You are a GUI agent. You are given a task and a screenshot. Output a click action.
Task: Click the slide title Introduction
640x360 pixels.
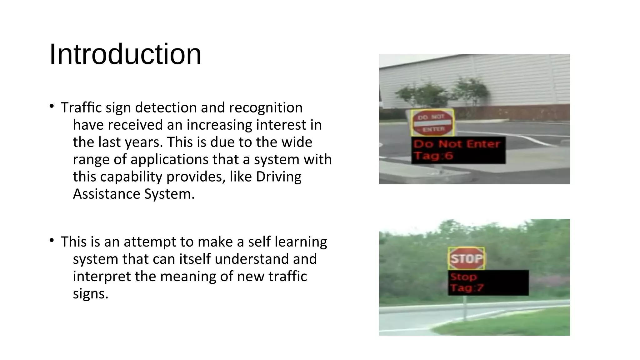125,54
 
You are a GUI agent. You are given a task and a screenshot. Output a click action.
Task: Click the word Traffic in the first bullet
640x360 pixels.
81,107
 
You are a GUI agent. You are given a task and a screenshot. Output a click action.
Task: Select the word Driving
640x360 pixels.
278,177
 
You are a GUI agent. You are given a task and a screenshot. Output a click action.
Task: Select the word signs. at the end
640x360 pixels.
91,293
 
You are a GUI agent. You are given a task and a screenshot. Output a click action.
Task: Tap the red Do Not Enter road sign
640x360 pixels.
432,122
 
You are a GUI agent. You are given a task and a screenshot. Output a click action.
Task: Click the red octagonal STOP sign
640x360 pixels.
466,258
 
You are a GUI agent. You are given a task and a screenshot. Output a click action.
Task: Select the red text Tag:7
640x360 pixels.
467,287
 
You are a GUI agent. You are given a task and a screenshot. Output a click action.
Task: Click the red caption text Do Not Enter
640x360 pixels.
457,144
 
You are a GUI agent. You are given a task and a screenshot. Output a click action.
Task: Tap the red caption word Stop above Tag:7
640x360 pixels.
463,277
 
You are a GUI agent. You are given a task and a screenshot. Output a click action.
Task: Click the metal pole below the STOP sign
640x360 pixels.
465,308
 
